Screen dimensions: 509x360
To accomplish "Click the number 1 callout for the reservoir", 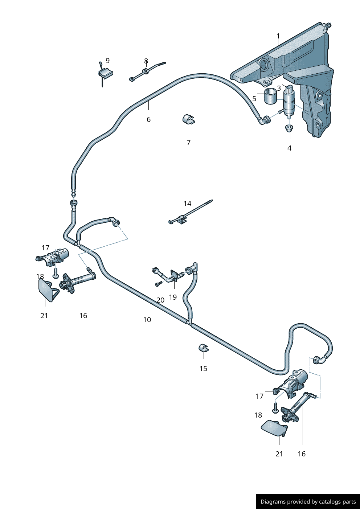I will coord(278,36).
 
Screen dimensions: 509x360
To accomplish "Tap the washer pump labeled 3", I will coord(289,103).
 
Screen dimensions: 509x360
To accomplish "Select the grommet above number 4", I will coord(289,128).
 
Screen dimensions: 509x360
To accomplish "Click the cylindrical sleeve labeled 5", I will coord(270,96).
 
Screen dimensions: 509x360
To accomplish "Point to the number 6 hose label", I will coord(148,119).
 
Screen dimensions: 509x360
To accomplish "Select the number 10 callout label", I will coord(147,320).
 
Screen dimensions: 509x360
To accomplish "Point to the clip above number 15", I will coord(203,348).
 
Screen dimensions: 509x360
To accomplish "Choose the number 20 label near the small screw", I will coord(160,300).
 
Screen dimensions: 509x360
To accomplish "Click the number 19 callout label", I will coord(173,297).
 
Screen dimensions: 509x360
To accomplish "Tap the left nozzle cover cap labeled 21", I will coord(46,290).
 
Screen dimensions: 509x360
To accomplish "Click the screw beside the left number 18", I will coord(56,273).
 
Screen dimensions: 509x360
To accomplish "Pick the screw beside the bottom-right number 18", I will coord(275,409).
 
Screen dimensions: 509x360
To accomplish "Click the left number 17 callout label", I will coord(45,248).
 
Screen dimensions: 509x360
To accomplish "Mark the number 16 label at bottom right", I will coord(302,454).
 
